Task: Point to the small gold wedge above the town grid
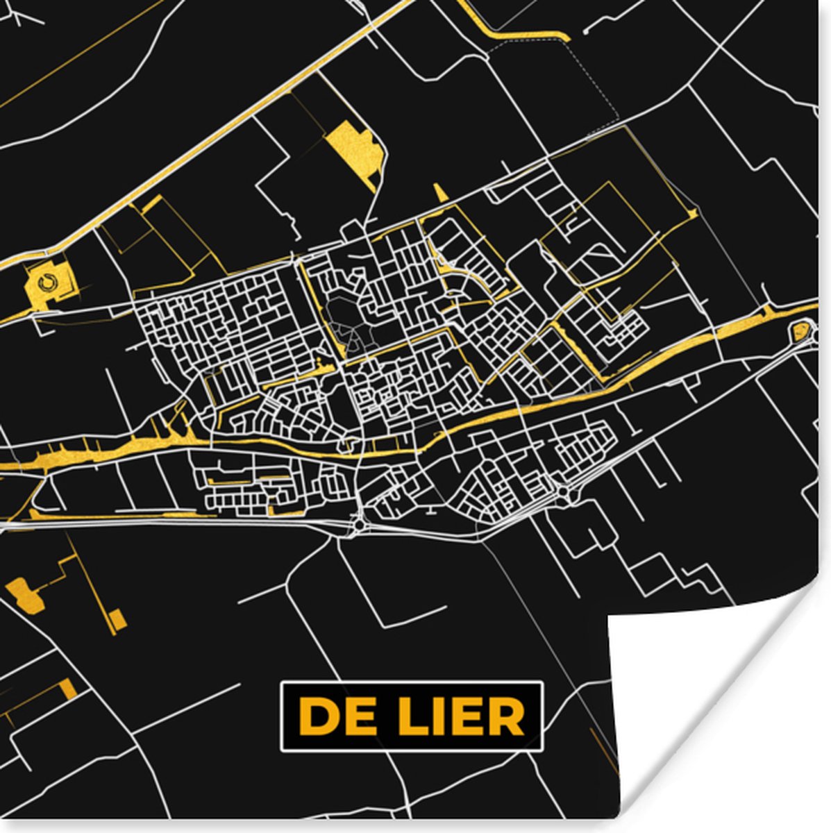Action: (x=440, y=193)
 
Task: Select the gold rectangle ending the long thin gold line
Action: (x=118, y=619)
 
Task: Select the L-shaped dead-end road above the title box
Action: (x=378, y=611)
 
